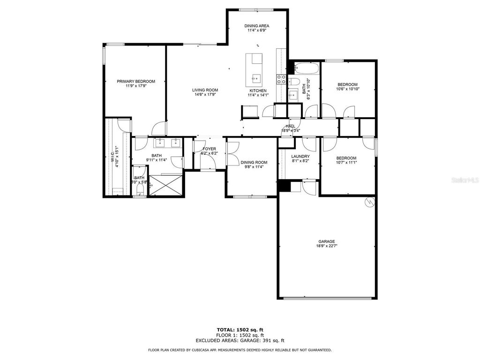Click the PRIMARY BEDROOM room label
click(135, 81)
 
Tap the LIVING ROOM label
click(205, 90)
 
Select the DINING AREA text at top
click(257, 26)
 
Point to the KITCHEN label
click(258, 90)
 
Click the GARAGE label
click(327, 241)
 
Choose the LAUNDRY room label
click(300, 156)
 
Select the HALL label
click(291, 126)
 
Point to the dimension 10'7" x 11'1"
click(346, 163)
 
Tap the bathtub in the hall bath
click(307, 69)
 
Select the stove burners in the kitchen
click(282, 79)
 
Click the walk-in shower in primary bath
click(165, 185)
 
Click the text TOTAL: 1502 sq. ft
click(240, 330)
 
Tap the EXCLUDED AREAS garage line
click(240, 341)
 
